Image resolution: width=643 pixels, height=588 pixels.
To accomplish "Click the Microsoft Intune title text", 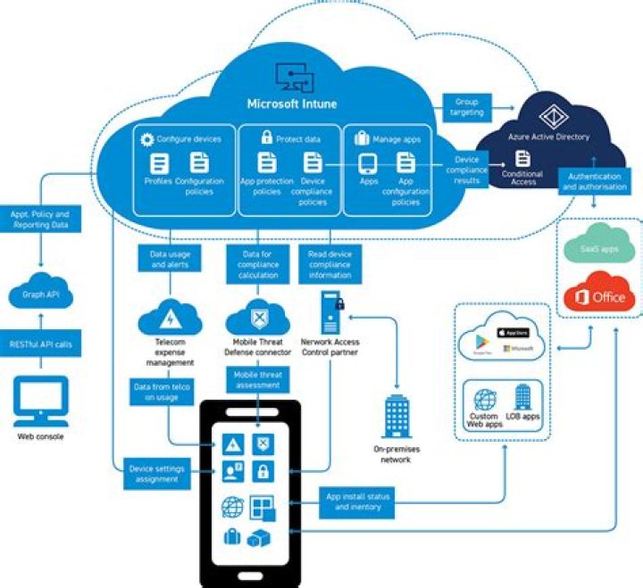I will click(292, 104).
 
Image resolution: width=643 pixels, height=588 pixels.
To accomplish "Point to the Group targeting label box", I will click(467, 108).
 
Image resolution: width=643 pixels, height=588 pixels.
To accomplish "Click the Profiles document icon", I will click(159, 163).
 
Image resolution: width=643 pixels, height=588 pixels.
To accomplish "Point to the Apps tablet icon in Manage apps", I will click(367, 163).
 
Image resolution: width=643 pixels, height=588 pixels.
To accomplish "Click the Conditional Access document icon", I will click(522, 158).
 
